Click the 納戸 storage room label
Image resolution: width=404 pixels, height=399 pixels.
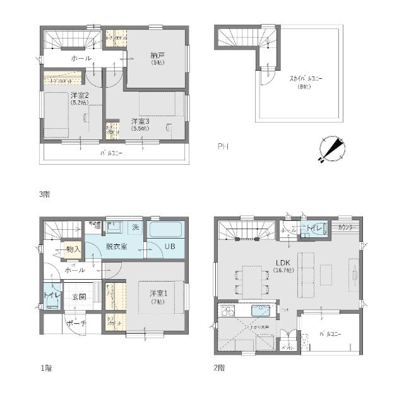point(157,55)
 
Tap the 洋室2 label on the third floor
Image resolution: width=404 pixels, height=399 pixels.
point(80,95)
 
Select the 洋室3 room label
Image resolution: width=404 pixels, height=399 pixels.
point(140,120)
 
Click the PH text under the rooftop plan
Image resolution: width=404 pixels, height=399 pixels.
point(222,147)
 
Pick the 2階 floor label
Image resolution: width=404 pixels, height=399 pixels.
point(219,367)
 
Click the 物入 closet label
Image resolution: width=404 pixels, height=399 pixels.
point(73,249)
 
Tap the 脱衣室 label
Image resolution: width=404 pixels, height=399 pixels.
point(116,246)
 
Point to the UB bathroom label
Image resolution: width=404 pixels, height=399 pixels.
point(170,246)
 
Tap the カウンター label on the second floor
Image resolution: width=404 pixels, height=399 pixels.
point(345,227)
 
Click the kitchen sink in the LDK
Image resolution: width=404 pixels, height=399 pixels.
point(260,311)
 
